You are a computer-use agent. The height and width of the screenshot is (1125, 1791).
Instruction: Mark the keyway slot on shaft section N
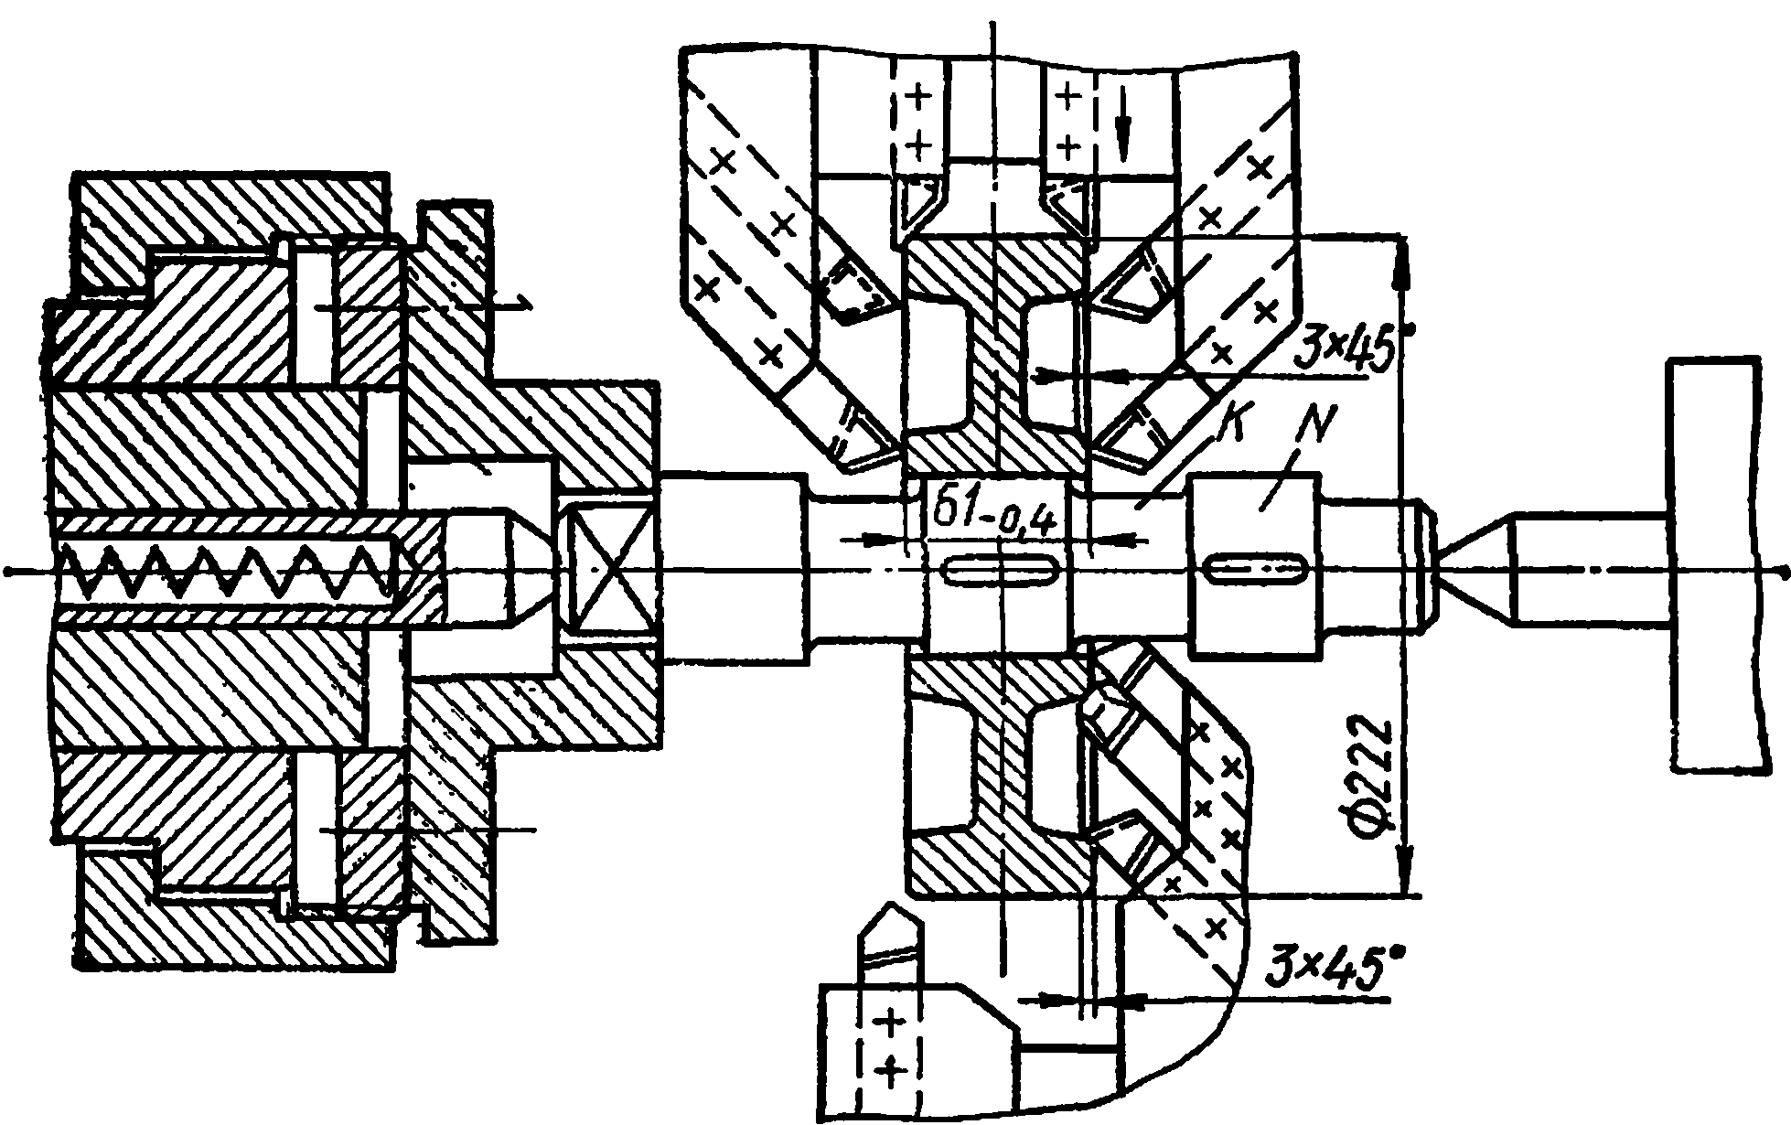coord(1254,569)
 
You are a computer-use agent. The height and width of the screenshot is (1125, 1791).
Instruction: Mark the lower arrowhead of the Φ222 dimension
coord(1406,869)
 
